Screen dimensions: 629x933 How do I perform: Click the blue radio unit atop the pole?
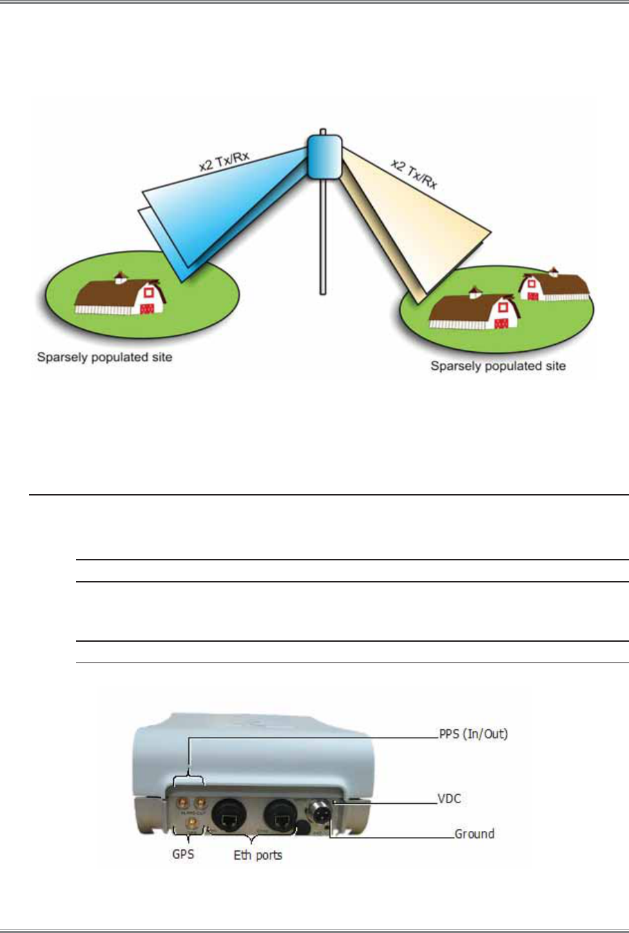click(x=325, y=155)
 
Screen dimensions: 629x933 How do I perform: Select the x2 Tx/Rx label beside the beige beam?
click(x=414, y=173)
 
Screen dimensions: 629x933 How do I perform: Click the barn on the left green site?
click(x=119, y=295)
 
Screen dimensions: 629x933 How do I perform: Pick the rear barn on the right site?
click(x=555, y=284)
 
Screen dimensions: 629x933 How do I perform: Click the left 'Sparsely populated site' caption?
click(x=104, y=357)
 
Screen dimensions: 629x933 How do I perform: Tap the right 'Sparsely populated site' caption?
click(x=498, y=366)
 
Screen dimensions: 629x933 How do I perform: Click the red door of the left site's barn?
click(x=146, y=308)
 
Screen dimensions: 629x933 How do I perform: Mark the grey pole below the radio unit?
click(x=322, y=235)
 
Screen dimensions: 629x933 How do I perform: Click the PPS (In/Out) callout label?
click(x=474, y=734)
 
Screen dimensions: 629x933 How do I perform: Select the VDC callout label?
click(x=449, y=799)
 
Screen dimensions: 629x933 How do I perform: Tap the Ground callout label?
click(x=474, y=834)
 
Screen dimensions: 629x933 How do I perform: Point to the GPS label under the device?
click(x=183, y=854)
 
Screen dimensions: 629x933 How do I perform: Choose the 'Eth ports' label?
click(x=258, y=855)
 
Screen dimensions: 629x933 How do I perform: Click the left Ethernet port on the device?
click(x=228, y=818)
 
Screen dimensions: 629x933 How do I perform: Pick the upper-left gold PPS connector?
click(x=184, y=803)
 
